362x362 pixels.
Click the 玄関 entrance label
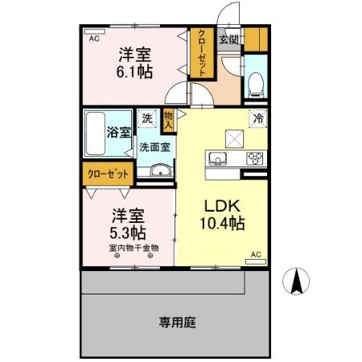pos(228,39)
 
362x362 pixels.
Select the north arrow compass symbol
pos(297,280)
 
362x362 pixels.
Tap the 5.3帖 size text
pos(128,233)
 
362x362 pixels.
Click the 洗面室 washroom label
pos(154,147)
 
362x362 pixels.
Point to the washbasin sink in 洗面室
pos(158,171)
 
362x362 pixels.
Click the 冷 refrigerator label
pos(259,118)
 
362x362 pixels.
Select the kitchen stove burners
pos(255,158)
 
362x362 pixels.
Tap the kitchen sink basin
pos(217,157)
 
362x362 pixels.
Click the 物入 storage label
pos(169,120)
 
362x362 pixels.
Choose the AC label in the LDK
pos(257,254)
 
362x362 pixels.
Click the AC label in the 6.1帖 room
pos(93,39)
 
